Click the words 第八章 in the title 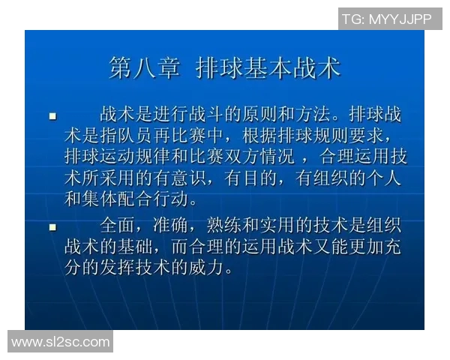pos(144,68)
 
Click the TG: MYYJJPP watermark pos(386,19)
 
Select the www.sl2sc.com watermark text pos(60,342)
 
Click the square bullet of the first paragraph pos(52,117)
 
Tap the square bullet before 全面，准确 pos(52,226)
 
